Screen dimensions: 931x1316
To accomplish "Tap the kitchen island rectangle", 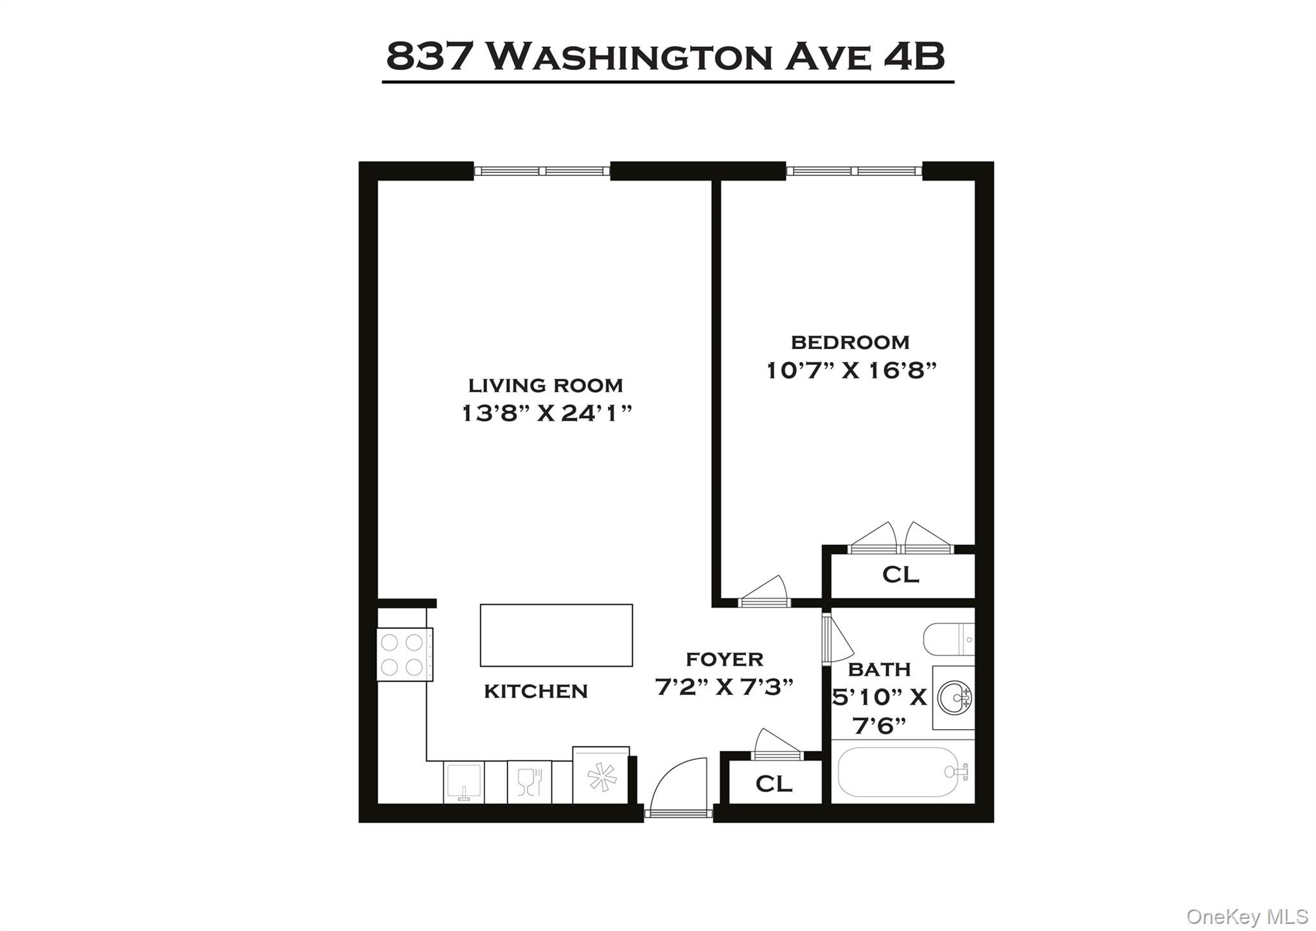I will point(556,635).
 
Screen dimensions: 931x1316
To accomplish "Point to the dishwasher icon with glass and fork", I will point(529,782).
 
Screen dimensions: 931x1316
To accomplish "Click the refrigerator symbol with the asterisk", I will point(601,777).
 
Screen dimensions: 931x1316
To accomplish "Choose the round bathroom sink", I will point(954,698).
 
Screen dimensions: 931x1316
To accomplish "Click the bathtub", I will point(903,772).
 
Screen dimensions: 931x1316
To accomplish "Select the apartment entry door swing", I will point(678,788).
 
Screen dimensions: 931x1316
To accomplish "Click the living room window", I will point(542,171).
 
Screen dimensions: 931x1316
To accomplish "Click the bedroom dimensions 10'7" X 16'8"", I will point(851,371).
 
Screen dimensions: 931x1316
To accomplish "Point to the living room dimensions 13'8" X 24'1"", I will point(547,413).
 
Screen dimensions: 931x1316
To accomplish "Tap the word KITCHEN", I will point(535,691).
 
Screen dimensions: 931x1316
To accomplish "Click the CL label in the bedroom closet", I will point(900,574).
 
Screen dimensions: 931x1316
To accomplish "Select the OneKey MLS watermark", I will point(1247,916).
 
